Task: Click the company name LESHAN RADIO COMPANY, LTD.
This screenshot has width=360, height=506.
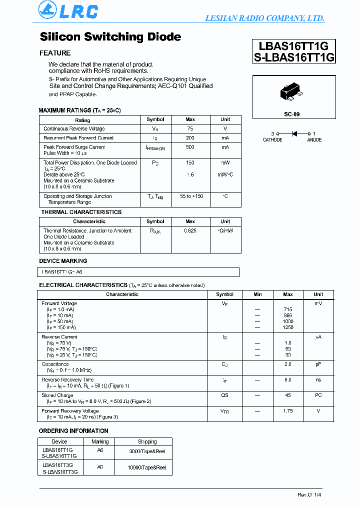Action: [x=264, y=18]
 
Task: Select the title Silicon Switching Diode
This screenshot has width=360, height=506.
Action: [x=110, y=37]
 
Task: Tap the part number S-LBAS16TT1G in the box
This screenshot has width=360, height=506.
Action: [x=294, y=57]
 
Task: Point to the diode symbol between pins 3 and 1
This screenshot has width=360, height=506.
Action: [x=294, y=133]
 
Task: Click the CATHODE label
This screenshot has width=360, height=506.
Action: [x=272, y=140]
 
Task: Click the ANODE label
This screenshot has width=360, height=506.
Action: [x=314, y=140]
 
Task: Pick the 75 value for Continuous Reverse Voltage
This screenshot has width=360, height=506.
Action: [x=190, y=129]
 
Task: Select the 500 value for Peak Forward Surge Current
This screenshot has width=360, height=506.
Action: [x=190, y=147]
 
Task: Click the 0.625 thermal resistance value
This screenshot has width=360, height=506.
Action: [x=190, y=231]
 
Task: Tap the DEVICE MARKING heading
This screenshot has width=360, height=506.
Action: [x=63, y=261]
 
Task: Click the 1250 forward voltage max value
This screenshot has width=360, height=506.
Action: [x=287, y=327]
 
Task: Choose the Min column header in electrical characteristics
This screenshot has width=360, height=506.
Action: [x=257, y=294]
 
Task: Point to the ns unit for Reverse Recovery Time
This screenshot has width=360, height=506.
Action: [x=318, y=380]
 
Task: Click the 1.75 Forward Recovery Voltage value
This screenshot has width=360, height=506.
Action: [x=287, y=411]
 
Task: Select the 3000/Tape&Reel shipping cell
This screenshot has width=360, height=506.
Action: [x=147, y=451]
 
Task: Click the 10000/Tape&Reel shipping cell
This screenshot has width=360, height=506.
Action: [x=147, y=467]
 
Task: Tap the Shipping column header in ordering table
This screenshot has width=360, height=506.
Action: [x=147, y=442]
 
